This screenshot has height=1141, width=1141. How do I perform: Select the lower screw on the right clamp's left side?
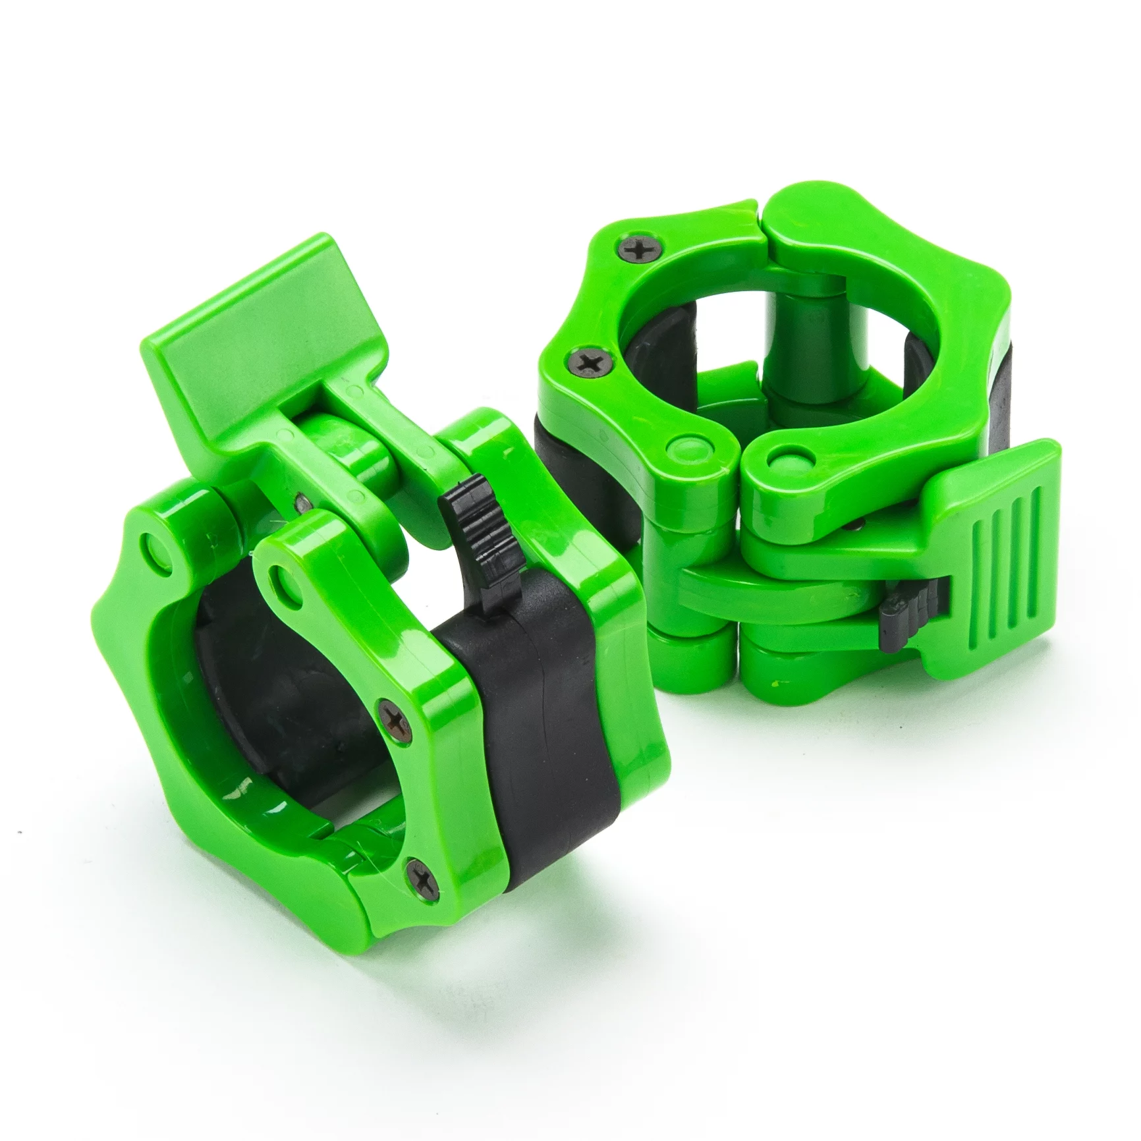tap(583, 360)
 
